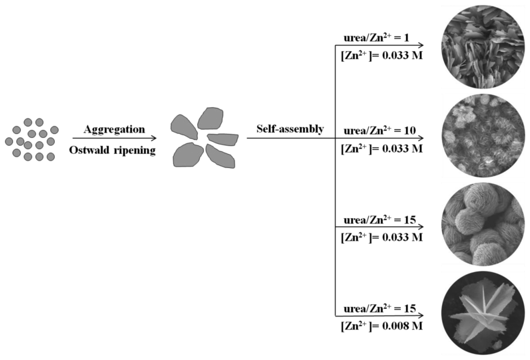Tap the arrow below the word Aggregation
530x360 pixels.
tap(114, 138)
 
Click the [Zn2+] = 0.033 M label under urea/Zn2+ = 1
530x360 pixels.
tap(382, 56)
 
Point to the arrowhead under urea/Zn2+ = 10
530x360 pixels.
tap(421, 139)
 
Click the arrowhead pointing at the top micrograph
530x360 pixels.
tap(421, 46)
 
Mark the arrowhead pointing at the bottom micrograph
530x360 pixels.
tap(421, 315)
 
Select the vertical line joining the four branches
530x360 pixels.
tap(336, 181)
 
